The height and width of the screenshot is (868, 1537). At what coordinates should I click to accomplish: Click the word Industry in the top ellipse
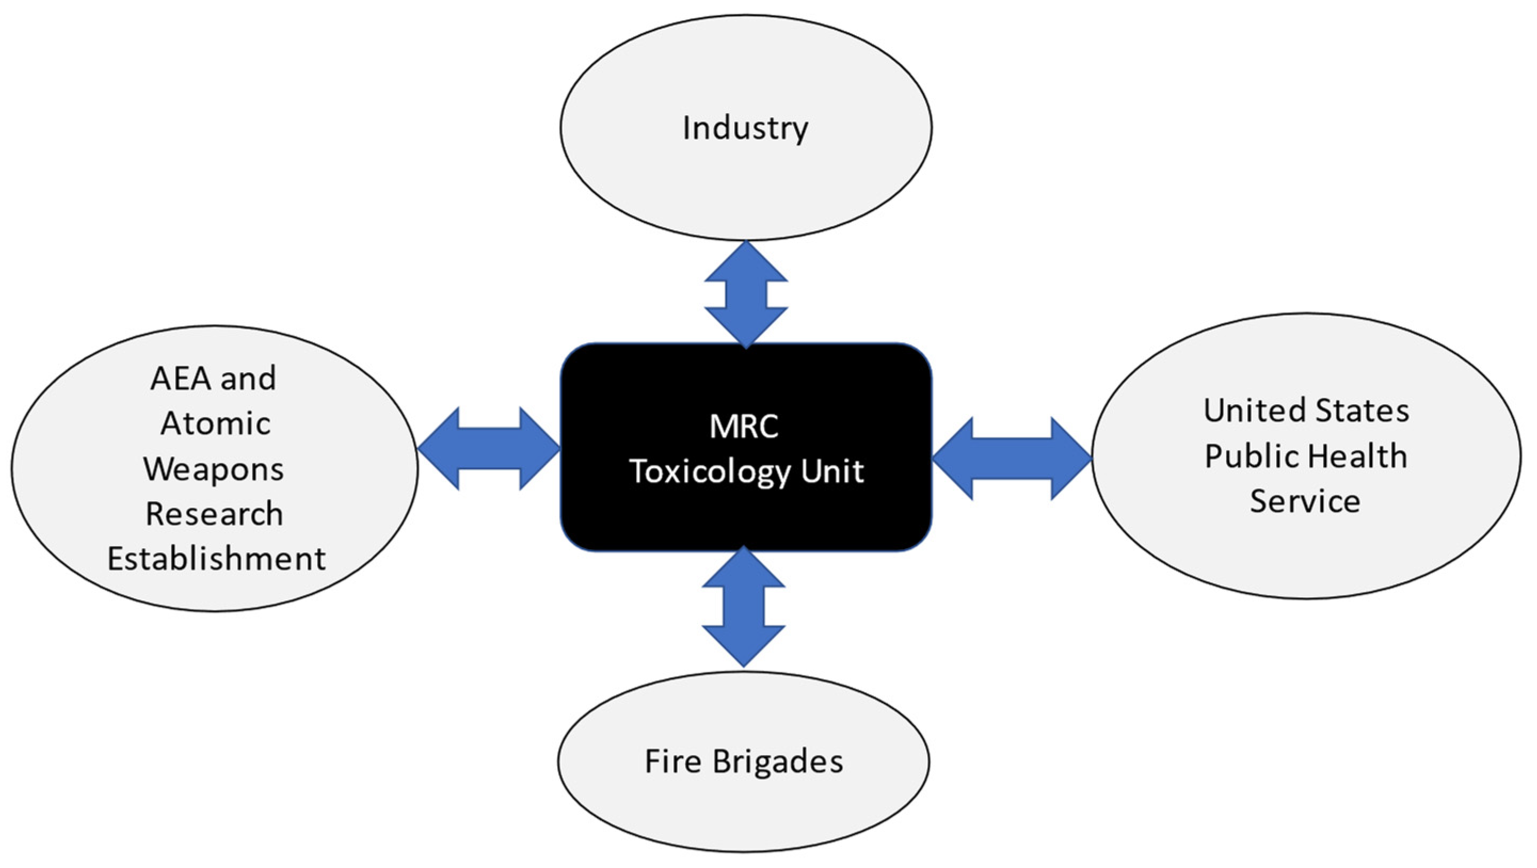point(745,128)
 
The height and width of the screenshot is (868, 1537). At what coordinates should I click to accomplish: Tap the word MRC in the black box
point(743,427)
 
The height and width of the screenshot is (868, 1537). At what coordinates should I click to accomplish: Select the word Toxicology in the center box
point(709,472)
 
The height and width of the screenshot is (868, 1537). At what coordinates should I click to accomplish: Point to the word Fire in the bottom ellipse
point(673,762)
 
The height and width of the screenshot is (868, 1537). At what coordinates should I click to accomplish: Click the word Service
point(1305,501)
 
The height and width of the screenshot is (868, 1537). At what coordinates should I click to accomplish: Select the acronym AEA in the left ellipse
point(180,378)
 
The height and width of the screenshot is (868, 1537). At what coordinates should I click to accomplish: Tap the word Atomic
point(215,423)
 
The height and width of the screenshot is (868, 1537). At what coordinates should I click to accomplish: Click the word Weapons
point(214,469)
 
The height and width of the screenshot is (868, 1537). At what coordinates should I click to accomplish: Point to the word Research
point(214,513)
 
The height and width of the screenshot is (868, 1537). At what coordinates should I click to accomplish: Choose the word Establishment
point(216,559)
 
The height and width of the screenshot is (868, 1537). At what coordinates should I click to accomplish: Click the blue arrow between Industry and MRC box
point(746,295)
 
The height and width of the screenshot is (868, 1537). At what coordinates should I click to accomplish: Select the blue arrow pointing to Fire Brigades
point(743,607)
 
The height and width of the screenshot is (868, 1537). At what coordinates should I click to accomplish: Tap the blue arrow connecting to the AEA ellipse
point(489,448)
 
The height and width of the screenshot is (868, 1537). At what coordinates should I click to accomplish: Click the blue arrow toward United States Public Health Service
point(1012,458)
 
